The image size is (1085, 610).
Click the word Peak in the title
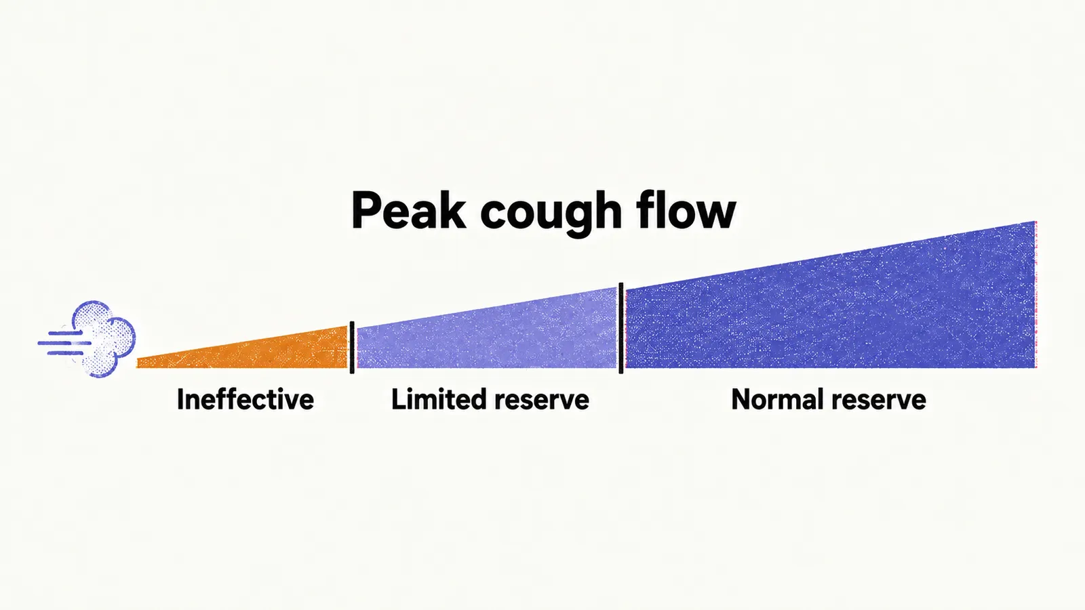(408, 211)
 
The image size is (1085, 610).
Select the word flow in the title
(686, 209)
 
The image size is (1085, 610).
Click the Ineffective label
(245, 399)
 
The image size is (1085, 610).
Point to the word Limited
(439, 399)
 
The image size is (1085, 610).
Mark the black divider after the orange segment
(352, 347)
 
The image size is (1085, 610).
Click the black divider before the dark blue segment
(621, 328)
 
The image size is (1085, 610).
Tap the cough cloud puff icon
(103, 339)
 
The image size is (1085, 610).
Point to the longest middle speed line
(64, 343)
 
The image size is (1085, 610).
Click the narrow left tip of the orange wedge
(138, 363)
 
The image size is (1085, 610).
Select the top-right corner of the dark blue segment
(1035, 221)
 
